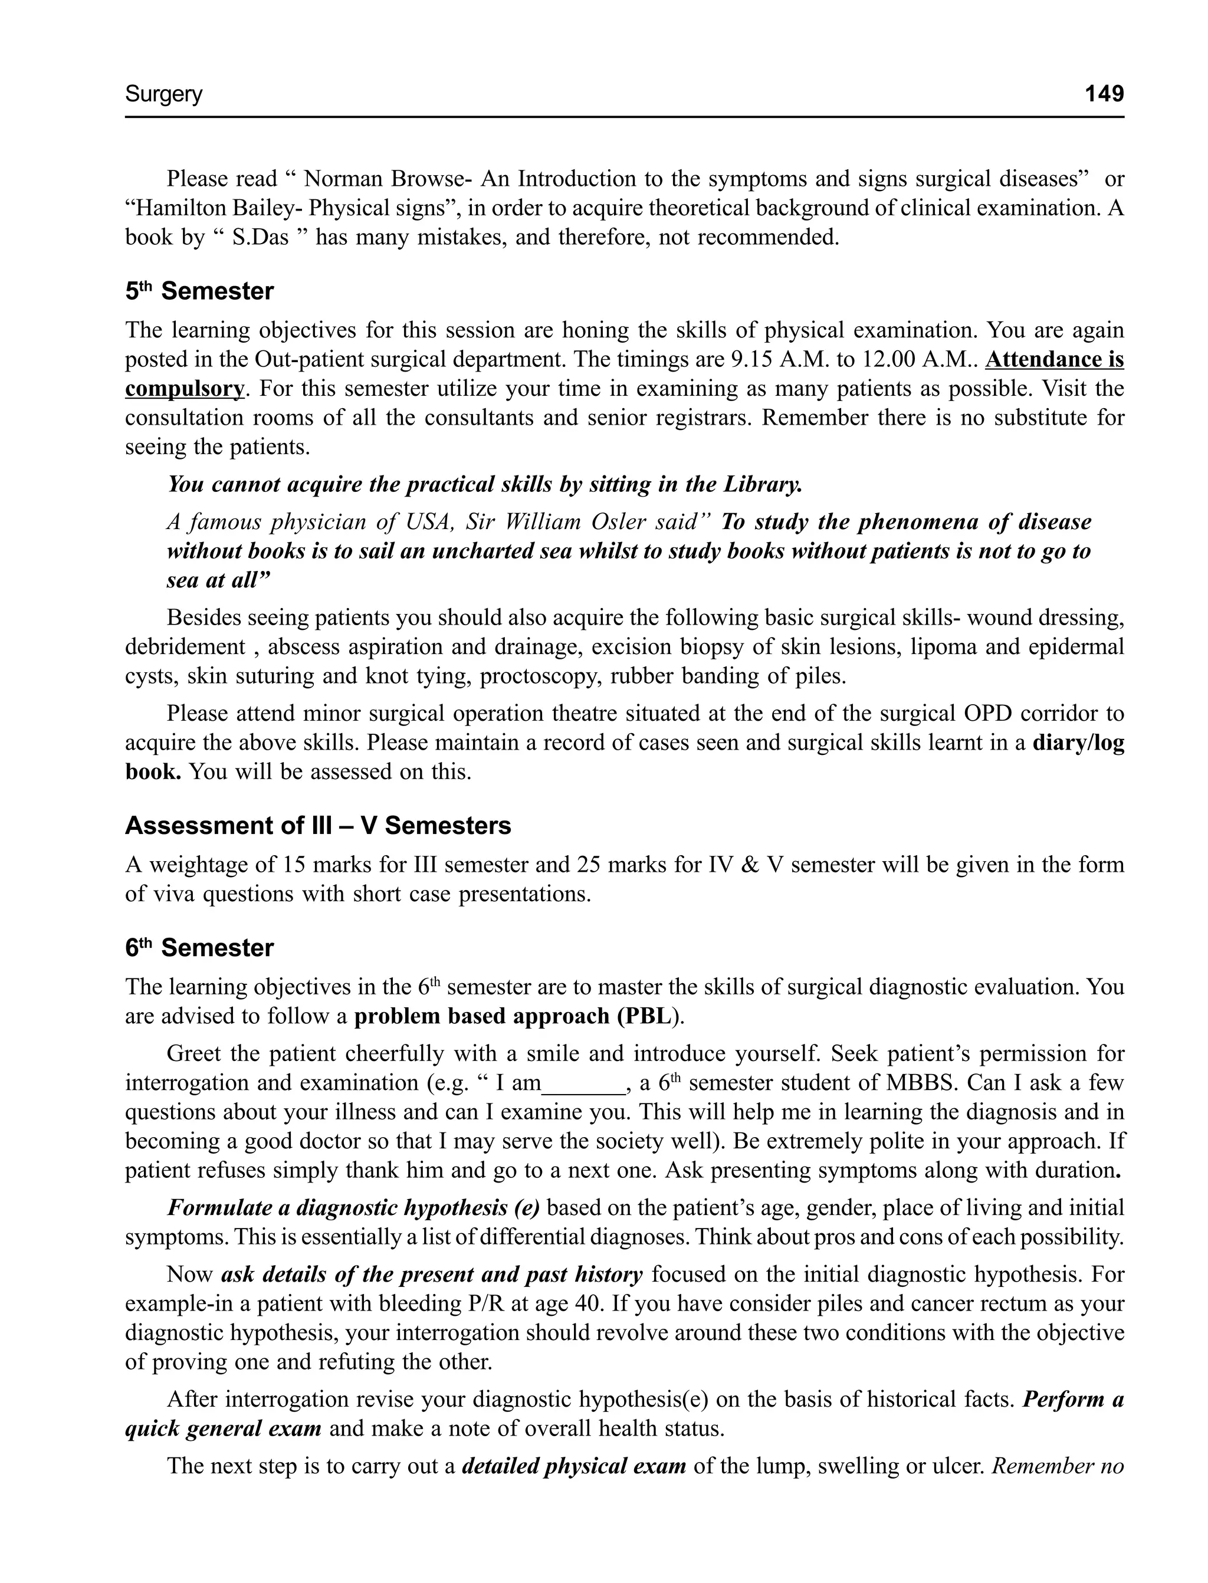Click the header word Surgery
(164, 94)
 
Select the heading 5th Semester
(199, 291)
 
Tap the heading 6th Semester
(199, 947)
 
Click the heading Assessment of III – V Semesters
(318, 825)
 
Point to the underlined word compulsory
(184, 389)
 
